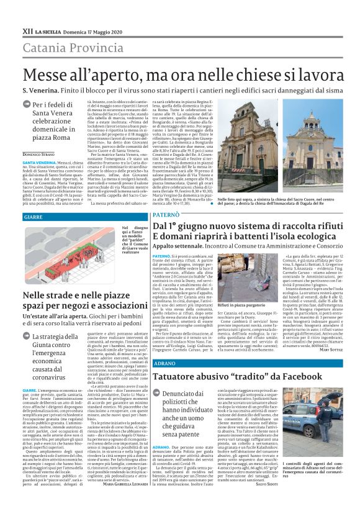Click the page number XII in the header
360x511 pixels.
tap(28, 30)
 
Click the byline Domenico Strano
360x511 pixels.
tap(40, 153)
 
